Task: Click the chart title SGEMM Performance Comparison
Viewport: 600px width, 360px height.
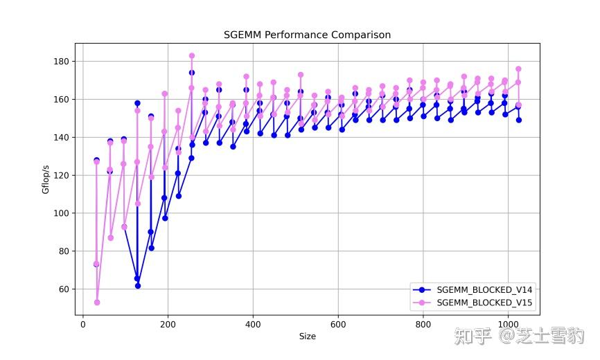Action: (x=307, y=35)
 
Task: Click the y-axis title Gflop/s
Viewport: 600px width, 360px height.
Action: (x=46, y=179)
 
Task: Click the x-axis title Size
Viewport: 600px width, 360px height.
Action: (x=307, y=336)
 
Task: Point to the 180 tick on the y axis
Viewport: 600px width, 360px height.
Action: (x=62, y=62)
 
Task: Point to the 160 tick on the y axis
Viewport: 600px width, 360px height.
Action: (x=62, y=100)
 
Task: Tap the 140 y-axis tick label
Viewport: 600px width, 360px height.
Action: (x=62, y=138)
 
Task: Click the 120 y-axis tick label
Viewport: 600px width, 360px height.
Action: (x=62, y=176)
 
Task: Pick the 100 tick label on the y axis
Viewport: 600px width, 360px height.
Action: (x=62, y=213)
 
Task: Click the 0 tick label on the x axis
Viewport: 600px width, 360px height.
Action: (x=83, y=323)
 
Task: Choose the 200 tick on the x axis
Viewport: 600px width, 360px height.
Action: (x=168, y=323)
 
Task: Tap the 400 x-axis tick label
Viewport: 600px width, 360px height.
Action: (x=253, y=323)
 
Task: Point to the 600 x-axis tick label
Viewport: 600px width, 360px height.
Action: (x=338, y=323)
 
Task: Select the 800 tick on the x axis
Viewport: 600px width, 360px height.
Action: (x=423, y=323)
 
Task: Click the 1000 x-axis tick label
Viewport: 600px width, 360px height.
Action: (x=508, y=323)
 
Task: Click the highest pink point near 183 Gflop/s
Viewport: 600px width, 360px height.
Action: (x=192, y=56)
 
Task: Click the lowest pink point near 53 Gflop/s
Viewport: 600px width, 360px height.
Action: (x=97, y=303)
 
